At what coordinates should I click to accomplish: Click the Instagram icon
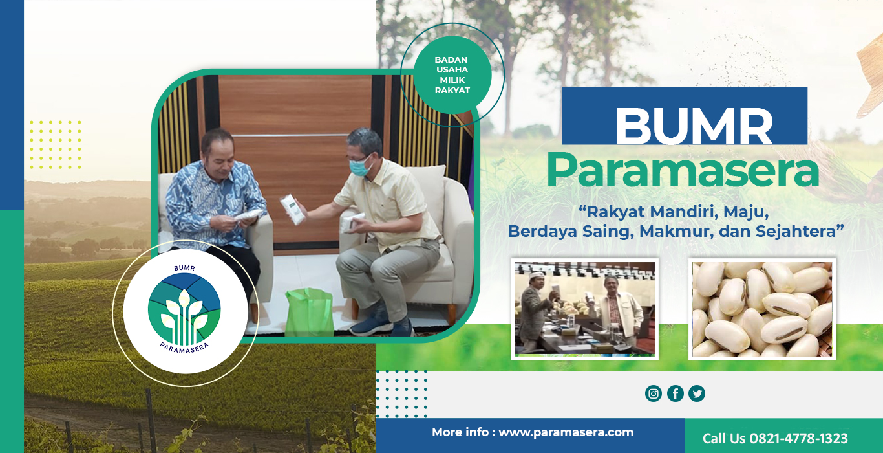pos(653,393)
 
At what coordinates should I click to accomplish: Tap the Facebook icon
pos(676,393)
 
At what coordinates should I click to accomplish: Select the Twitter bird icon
pos(697,393)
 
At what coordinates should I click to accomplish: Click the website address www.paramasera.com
pos(566,432)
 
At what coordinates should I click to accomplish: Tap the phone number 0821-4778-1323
pos(798,438)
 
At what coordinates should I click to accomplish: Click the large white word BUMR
pos(694,127)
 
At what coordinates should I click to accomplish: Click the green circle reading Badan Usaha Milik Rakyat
pos(452,75)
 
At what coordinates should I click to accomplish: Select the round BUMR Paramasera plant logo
pos(184,311)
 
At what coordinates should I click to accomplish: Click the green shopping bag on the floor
pos(310,312)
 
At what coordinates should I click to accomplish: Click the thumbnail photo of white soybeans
pos(762,309)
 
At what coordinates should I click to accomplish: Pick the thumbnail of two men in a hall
pos(584,309)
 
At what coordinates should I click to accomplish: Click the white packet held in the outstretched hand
pos(292,210)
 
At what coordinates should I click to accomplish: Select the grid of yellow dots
pos(56,145)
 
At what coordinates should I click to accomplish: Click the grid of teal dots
pos(401,393)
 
